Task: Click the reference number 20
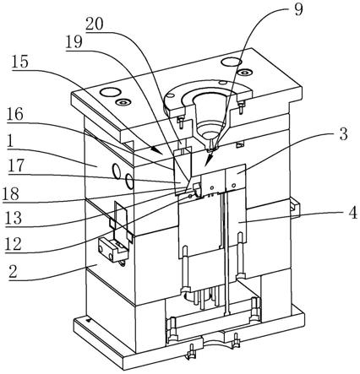coord(95,24)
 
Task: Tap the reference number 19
coord(74,42)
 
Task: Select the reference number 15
coord(20,62)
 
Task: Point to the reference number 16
coord(15,115)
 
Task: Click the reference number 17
coord(17,165)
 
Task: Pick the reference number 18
coord(11,193)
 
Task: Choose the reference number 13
coord(14,218)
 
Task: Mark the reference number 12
coord(14,244)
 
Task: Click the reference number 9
coord(297,9)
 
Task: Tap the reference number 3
coord(343,134)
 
